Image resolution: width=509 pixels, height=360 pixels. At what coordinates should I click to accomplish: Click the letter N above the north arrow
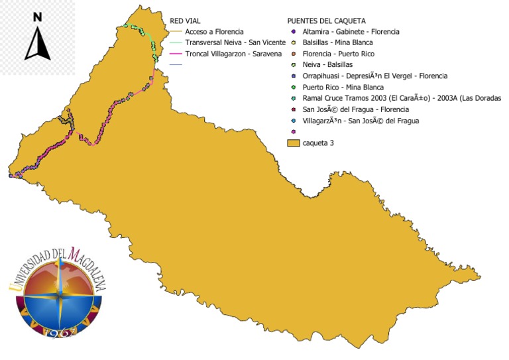point(38,17)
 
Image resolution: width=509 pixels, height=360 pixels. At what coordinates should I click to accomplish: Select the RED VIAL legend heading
point(185,21)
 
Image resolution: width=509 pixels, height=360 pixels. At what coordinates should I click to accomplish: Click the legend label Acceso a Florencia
point(214,32)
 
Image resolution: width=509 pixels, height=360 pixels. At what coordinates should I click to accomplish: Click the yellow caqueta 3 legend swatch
point(293,143)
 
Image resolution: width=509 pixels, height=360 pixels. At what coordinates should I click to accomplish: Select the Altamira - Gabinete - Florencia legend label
point(351,31)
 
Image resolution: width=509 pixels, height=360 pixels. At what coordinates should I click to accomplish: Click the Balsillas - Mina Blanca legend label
point(337,42)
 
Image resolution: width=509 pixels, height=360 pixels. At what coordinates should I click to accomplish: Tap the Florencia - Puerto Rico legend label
point(339,54)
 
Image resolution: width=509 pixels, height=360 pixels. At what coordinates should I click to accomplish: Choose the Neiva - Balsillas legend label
point(327,64)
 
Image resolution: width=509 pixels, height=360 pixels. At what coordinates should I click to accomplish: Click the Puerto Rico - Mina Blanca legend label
point(343,87)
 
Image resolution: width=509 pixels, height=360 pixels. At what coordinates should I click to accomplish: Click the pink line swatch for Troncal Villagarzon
point(175,53)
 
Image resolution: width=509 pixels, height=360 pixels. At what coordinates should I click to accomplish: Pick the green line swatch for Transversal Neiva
point(175,42)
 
